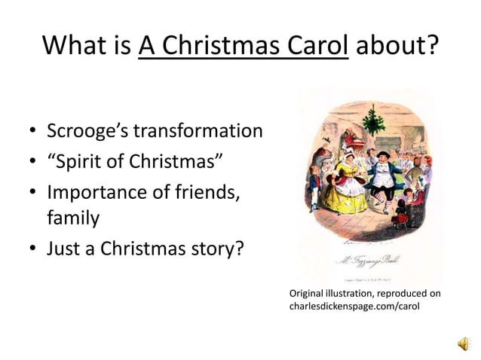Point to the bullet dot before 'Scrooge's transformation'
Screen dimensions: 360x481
[x=34, y=133]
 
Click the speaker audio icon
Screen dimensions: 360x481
[x=461, y=343]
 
